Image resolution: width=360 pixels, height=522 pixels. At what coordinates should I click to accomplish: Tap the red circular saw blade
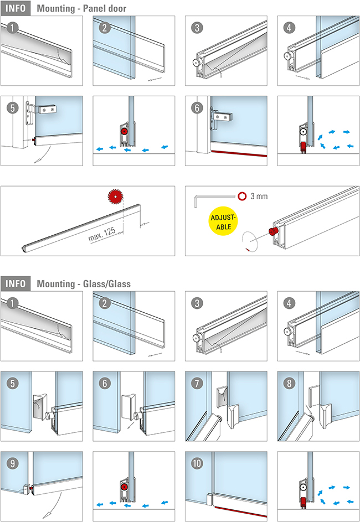[115, 196]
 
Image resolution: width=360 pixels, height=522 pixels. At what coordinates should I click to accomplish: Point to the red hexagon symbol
[242, 196]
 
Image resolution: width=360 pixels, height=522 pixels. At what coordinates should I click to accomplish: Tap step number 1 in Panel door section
[11, 27]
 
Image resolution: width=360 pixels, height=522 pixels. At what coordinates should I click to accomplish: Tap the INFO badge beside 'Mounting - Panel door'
[17, 8]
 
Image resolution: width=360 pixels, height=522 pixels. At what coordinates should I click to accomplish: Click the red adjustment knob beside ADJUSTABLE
[273, 230]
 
